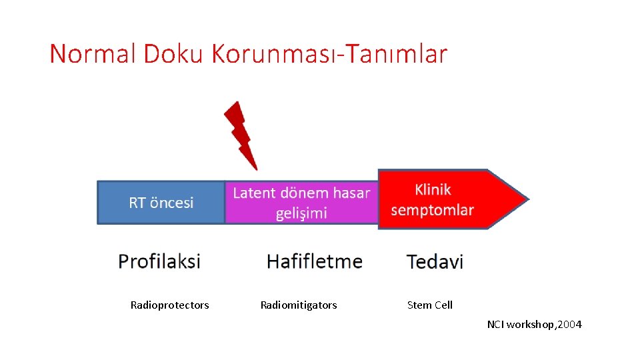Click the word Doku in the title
click(172, 54)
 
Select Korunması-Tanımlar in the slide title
click(329, 54)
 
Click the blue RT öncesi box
click(161, 202)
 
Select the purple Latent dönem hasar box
click(301, 202)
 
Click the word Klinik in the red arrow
click(433, 190)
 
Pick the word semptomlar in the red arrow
click(432, 210)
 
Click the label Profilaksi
click(159, 261)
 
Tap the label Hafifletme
click(315, 261)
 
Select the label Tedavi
click(435, 261)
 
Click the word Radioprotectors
click(169, 305)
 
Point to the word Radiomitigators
click(299, 305)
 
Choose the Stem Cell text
click(429, 305)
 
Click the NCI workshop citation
click(534, 325)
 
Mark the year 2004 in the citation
click(569, 325)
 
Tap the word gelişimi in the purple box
click(301, 213)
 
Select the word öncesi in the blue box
click(172, 202)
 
